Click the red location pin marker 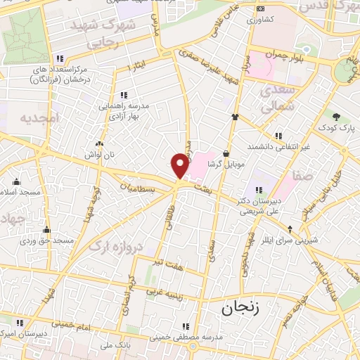[181, 165]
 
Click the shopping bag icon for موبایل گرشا [226, 153]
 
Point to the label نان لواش [98, 153]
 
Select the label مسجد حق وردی [47, 240]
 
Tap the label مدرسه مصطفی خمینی [185, 337]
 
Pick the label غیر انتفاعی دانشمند [279, 146]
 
